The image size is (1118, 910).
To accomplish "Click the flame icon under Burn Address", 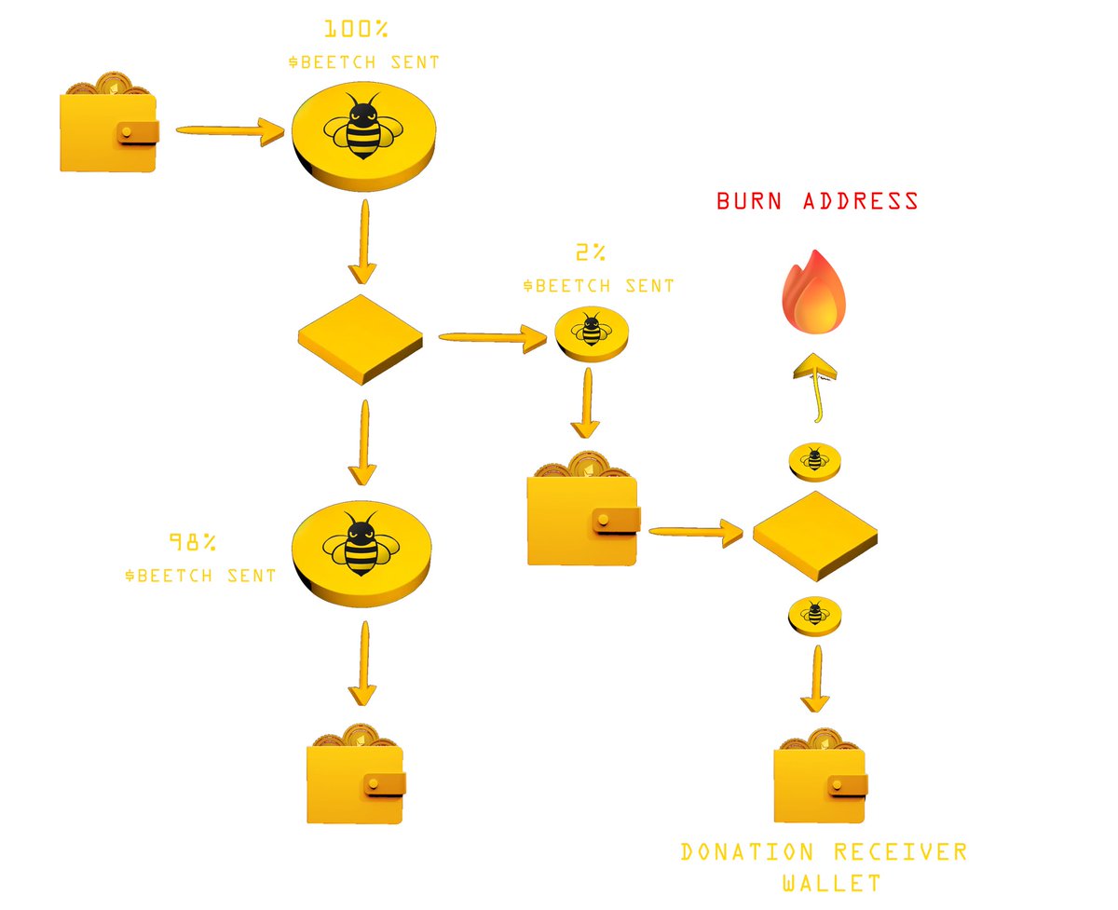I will pos(814,293).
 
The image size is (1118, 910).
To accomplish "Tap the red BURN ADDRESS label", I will pos(817,201).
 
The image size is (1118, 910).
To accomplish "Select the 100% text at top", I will pos(356,29).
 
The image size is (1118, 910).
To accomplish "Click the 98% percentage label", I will pos(193,541).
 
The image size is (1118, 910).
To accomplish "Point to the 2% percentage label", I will pos(591,252).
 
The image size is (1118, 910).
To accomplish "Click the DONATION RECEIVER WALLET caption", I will pos(823,865).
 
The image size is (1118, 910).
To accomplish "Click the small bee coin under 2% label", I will pos(591,331).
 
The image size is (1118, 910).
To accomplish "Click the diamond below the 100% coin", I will pos(361,337).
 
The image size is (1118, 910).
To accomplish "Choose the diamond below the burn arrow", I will pos(814,536).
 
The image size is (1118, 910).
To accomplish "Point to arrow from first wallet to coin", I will pos(229,131).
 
